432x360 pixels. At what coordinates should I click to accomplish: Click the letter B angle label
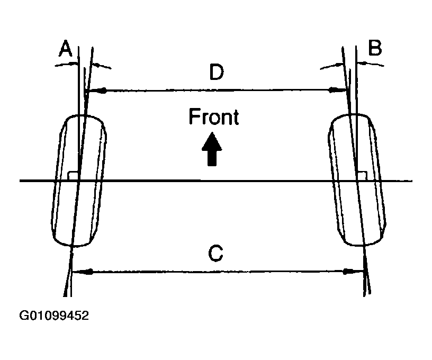point(374,49)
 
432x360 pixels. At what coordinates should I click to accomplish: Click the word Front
point(214,117)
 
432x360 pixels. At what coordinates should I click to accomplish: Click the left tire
point(79,180)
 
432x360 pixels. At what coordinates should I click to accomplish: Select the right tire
point(358,180)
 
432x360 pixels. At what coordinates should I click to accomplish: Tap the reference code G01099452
point(54,316)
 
